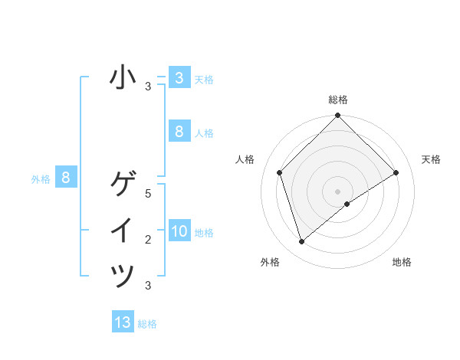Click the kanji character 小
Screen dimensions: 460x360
click(123, 78)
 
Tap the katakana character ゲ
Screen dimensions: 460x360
click(123, 185)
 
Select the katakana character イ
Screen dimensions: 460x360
click(123, 231)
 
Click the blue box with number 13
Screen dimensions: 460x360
click(123, 322)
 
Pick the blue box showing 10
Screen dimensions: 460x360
click(179, 231)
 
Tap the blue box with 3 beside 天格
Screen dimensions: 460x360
click(179, 78)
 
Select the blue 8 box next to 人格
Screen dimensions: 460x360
click(179, 132)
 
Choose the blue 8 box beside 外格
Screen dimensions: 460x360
click(66, 178)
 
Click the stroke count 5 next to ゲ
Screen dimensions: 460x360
click(149, 194)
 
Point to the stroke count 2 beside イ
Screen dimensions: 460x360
click(149, 240)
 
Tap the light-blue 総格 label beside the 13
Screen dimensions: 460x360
click(147, 324)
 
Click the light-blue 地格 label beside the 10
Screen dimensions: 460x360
click(204, 233)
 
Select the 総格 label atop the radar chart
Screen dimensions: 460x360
click(337, 100)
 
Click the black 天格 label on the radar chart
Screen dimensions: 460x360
click(431, 159)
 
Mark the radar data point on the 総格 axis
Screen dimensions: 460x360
click(337, 116)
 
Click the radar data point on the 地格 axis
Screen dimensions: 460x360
click(347, 204)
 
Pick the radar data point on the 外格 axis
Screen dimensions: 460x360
click(302, 242)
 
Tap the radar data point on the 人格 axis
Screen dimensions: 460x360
click(280, 172)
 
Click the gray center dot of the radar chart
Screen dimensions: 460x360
click(337, 191)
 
